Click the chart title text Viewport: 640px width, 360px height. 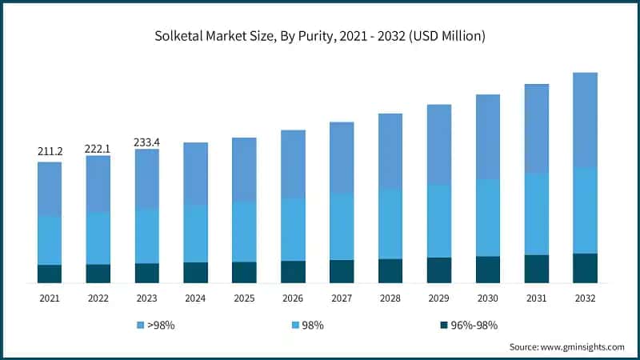tap(320, 36)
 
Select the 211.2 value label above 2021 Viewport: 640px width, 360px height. tap(50, 151)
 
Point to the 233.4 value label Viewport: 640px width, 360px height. tap(147, 142)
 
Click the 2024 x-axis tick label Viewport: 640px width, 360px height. tap(196, 298)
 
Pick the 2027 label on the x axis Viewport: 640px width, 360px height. tap(342, 298)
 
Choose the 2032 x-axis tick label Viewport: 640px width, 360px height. tap(585, 298)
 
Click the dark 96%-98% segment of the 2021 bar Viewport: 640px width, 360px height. tap(50, 274)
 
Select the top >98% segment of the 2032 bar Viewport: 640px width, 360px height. tap(585, 120)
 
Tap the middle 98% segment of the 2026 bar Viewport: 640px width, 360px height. tap(293, 229)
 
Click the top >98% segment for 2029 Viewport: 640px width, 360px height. tap(439, 144)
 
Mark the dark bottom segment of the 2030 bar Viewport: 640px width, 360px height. tap(488, 270)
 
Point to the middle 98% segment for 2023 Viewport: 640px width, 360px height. tap(147, 236)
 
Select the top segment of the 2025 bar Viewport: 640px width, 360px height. tap(244, 169)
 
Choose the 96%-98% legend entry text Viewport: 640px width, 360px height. tap(475, 326)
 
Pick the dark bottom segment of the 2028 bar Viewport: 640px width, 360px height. tap(390, 270)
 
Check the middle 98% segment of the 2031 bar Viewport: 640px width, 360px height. tap(536, 214)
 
